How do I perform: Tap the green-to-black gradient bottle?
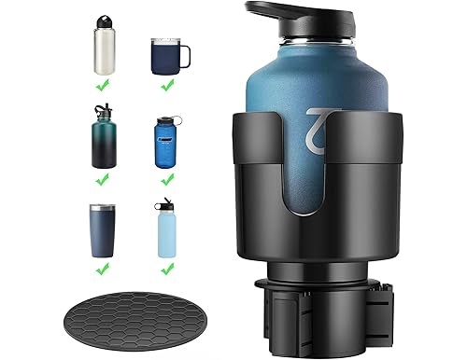(103, 141)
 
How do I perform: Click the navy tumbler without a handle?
(103, 229)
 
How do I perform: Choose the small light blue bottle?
(168, 233)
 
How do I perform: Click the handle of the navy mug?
(185, 55)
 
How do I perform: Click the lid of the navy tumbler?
(103, 208)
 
